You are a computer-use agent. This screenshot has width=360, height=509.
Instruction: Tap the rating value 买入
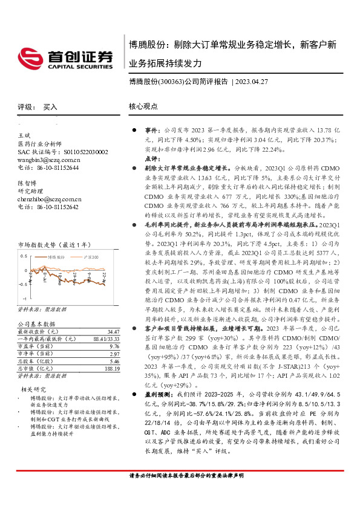50,106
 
